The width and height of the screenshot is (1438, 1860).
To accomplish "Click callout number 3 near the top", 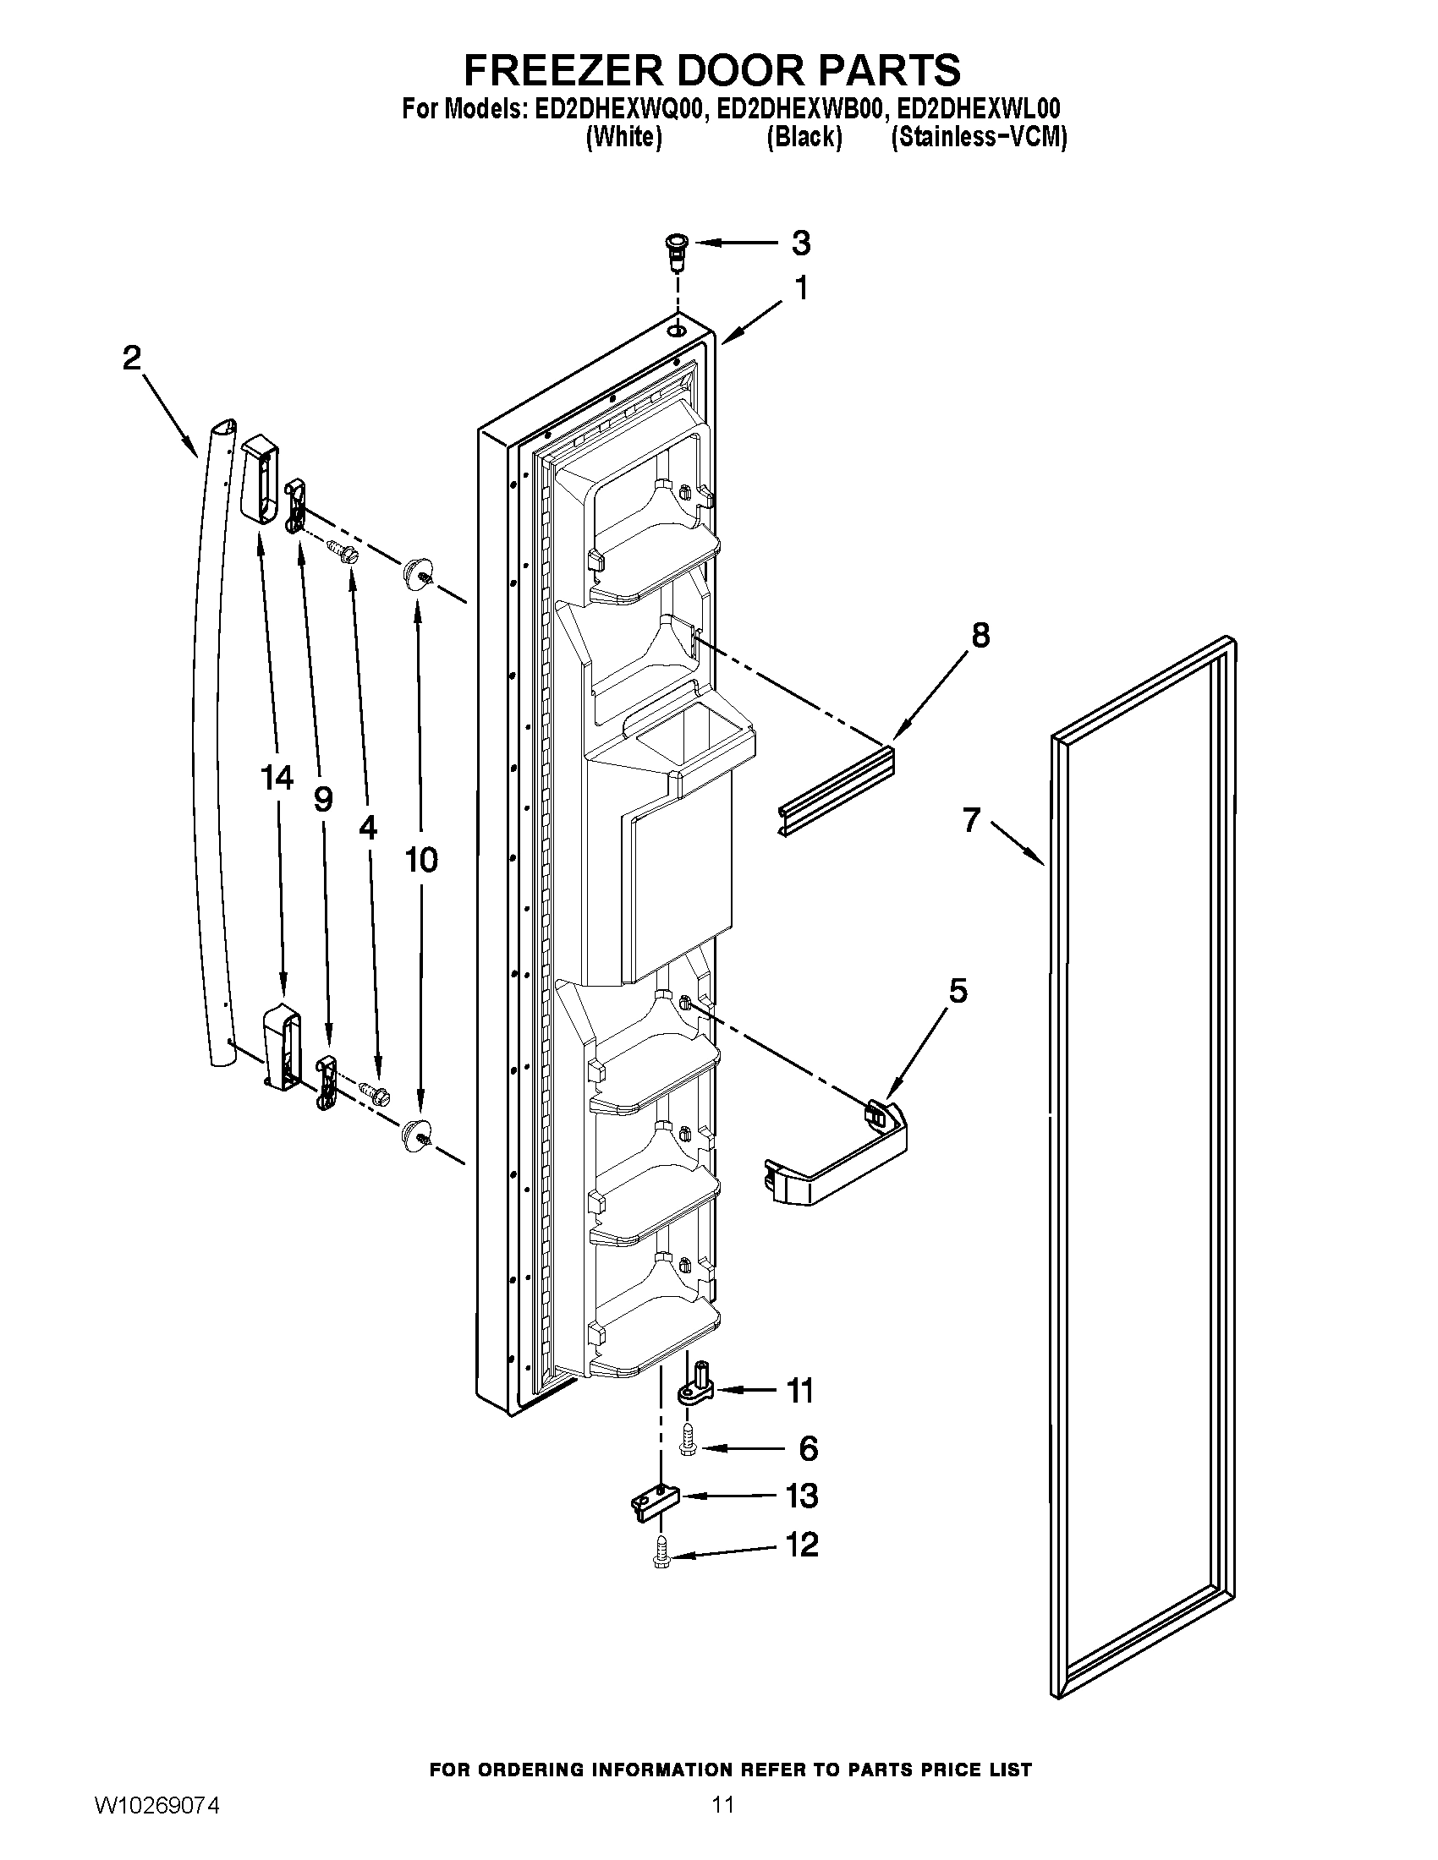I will tap(800, 243).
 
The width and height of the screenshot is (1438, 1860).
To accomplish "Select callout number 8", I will tap(980, 635).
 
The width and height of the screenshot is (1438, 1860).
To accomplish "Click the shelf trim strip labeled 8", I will tap(838, 790).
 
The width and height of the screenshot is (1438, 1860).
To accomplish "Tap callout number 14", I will tap(277, 778).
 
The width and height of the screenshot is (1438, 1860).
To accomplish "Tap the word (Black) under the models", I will tap(804, 137).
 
